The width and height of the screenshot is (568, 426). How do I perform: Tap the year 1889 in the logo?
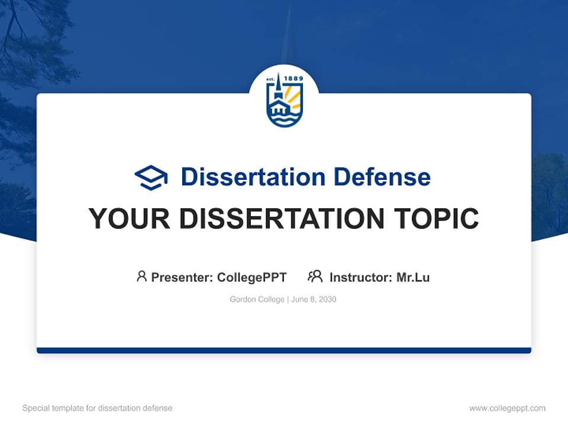pyautogui.click(x=293, y=79)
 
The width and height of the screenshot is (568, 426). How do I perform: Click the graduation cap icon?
pyautogui.click(x=151, y=177)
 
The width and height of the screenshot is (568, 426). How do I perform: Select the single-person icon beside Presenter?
pyautogui.click(x=141, y=276)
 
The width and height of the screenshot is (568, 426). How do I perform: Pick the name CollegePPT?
pyautogui.click(x=252, y=277)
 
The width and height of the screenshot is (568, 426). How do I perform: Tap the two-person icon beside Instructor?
pyautogui.click(x=315, y=276)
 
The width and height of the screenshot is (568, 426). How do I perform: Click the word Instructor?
pyautogui.click(x=360, y=277)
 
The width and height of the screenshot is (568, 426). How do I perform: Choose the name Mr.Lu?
pyautogui.click(x=413, y=277)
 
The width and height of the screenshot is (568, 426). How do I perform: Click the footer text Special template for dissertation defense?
pyautogui.click(x=98, y=408)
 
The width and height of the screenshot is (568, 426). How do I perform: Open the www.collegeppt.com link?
pyautogui.click(x=507, y=408)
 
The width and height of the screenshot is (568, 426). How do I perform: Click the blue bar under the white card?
pyautogui.click(x=284, y=350)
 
